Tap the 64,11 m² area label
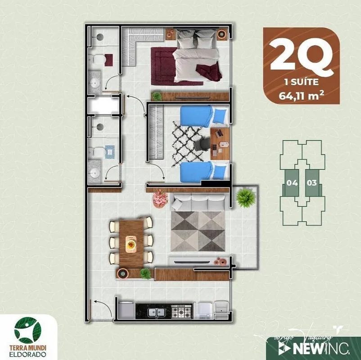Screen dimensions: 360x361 pyautogui.click(x=302, y=95)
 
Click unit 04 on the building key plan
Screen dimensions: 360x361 pyautogui.click(x=292, y=183)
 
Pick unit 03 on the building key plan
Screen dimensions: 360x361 pyautogui.click(x=311, y=183)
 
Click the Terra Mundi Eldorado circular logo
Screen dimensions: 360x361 pyautogui.click(x=28, y=330)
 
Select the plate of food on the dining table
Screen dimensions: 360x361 pyautogui.click(x=131, y=244)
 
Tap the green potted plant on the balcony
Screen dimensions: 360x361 pyautogui.click(x=245, y=198)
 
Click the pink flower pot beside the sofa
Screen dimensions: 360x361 pyautogui.click(x=160, y=198)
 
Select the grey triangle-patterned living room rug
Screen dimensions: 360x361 pyautogui.click(x=198, y=231)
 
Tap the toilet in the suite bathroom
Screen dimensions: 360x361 pyautogui.click(x=100, y=59)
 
